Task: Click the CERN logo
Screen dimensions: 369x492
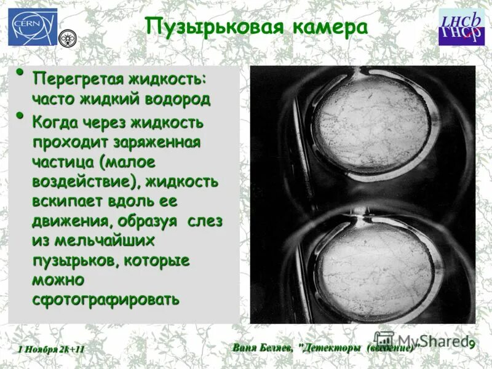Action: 33,27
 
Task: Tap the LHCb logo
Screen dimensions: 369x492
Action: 461,27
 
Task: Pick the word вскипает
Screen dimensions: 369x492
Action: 67,202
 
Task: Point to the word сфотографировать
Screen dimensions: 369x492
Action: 105,299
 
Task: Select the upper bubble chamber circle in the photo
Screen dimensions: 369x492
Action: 363,124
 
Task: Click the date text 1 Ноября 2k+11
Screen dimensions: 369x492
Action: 51,349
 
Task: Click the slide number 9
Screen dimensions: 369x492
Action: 471,344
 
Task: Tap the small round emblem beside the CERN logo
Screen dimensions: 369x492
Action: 66,39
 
